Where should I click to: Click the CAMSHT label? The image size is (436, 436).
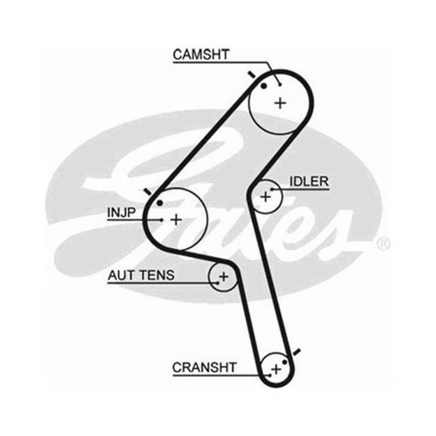click(x=200, y=55)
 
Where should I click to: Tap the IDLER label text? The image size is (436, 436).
click(x=309, y=182)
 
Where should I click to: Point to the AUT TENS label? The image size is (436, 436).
click(x=141, y=275)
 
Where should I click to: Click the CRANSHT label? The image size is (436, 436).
click(x=204, y=368)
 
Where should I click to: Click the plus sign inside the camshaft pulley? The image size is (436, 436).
click(x=280, y=103)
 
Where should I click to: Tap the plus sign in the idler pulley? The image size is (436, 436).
click(x=266, y=197)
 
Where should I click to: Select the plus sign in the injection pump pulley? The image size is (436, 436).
click(x=176, y=219)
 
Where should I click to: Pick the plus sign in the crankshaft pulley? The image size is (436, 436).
click(x=275, y=369)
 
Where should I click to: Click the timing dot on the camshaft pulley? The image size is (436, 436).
click(x=264, y=86)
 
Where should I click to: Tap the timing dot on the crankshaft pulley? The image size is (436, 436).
click(x=285, y=361)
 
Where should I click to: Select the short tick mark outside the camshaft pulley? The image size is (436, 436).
click(x=253, y=74)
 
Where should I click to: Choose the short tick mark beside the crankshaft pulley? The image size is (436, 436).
click(x=295, y=352)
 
